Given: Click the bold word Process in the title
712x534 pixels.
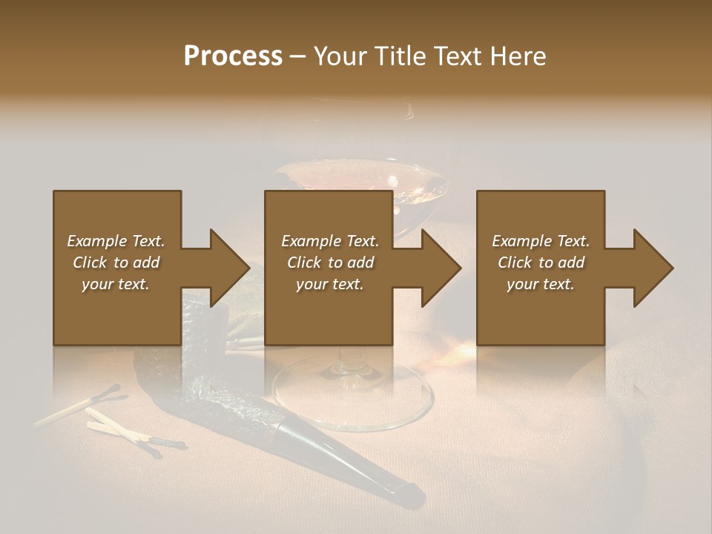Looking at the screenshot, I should point(233,56).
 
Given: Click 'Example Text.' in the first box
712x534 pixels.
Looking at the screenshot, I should point(116,241).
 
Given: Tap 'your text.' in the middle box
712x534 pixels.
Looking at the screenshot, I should point(329,284).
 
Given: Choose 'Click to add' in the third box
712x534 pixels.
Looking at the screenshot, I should point(541,263).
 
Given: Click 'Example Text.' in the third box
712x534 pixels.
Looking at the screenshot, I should point(541,241).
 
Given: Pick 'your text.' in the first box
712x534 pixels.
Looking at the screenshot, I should point(116,284).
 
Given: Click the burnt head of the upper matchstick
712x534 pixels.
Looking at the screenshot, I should point(111,389).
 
